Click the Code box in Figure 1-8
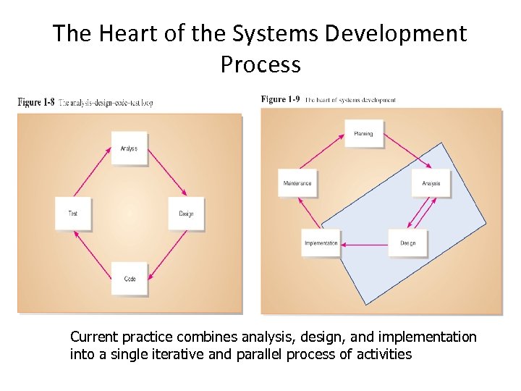coord(130,278)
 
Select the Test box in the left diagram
coord(73,214)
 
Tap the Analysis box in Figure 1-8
coord(130,148)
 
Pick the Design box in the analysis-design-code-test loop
coord(186,214)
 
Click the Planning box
coord(363,134)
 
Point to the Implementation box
coord(321,243)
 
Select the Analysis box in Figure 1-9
coord(431,183)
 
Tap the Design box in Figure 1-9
coord(408,243)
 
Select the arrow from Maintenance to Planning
coord(323,153)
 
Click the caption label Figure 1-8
coord(36,103)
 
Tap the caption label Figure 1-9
coord(280,99)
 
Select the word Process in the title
coord(260,64)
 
